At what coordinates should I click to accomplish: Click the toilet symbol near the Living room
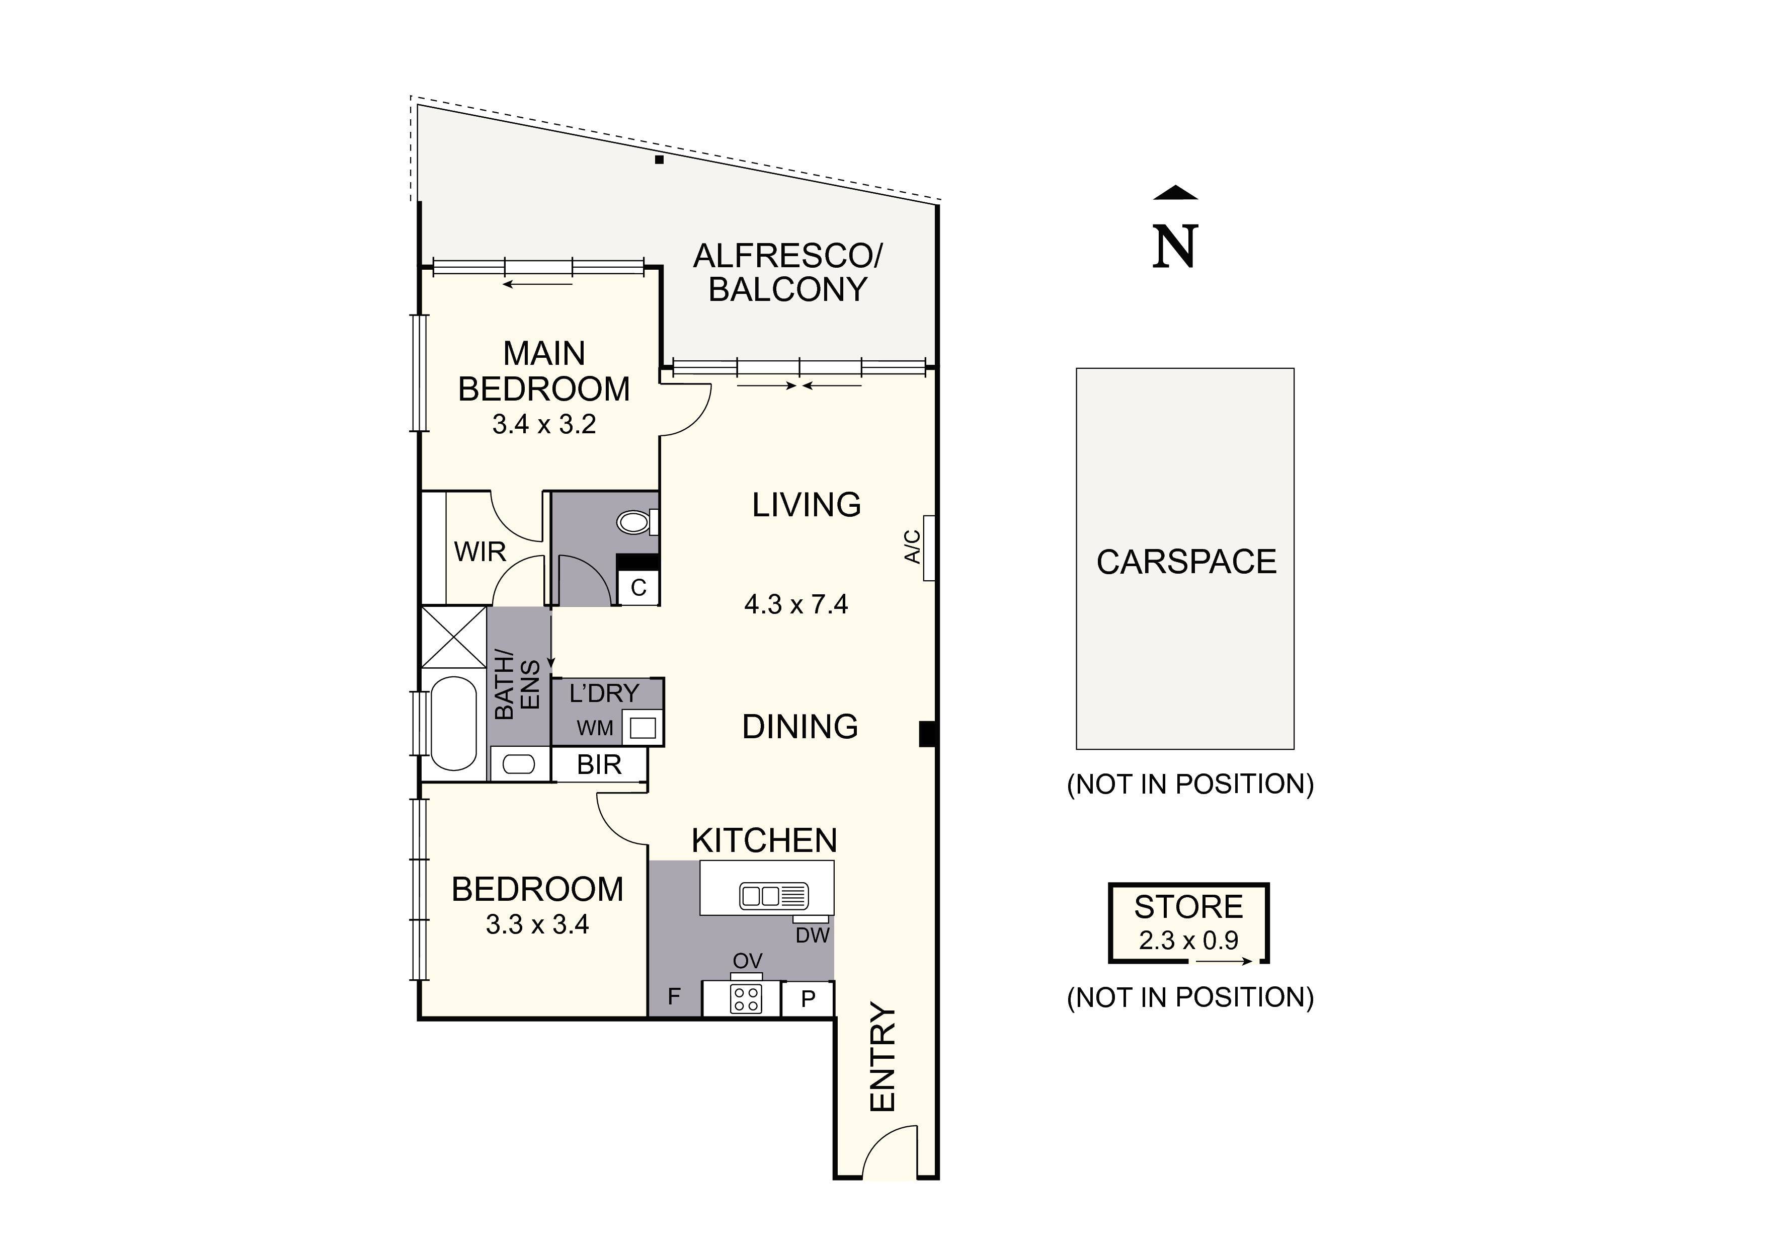[635, 522]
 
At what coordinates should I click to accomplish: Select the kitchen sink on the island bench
[773, 896]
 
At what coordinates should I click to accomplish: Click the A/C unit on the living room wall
[929, 548]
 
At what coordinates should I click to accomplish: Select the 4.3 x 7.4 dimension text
[795, 604]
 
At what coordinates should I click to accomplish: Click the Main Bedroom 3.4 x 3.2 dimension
[543, 424]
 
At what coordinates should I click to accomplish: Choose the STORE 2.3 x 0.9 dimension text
[1188, 940]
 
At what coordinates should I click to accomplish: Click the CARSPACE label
[1185, 562]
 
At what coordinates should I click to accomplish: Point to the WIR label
[479, 552]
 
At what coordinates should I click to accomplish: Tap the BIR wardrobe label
[599, 765]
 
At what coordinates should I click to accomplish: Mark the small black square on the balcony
[659, 160]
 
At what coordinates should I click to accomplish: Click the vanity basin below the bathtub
[518, 764]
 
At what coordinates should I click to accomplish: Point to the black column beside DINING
[927, 734]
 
